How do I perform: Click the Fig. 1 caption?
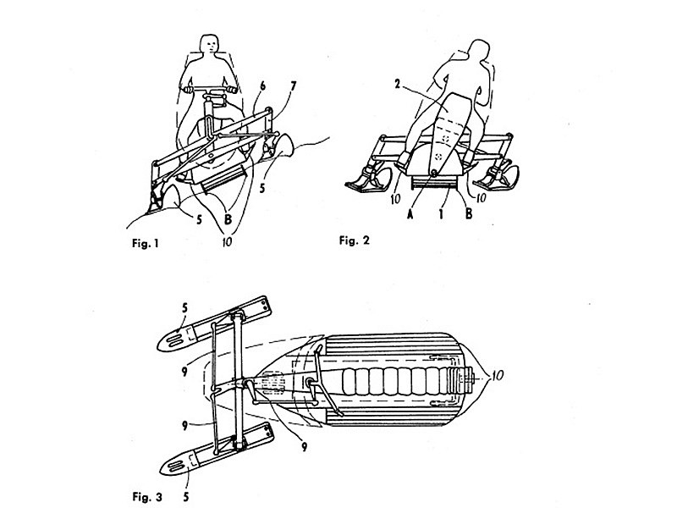tap(146, 243)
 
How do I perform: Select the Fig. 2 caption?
tap(354, 240)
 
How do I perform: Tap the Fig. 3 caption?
tap(147, 497)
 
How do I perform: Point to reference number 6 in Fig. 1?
tap(262, 86)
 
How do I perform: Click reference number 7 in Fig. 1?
tap(294, 86)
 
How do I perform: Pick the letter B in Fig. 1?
tap(228, 219)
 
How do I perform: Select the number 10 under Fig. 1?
tap(227, 241)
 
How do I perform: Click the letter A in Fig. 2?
tap(410, 213)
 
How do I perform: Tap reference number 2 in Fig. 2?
tap(398, 84)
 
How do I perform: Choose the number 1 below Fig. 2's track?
tap(441, 213)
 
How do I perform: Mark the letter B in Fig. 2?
tap(469, 213)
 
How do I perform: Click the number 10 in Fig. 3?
tap(498, 375)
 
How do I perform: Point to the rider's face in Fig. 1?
tap(210, 45)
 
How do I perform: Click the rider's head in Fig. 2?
tap(478, 50)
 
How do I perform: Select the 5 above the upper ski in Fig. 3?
tap(184, 308)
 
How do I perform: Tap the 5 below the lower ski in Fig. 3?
tap(185, 497)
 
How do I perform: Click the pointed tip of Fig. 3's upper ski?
tap(158, 346)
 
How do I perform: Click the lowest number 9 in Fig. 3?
tap(304, 447)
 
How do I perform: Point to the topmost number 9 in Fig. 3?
tap(184, 371)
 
